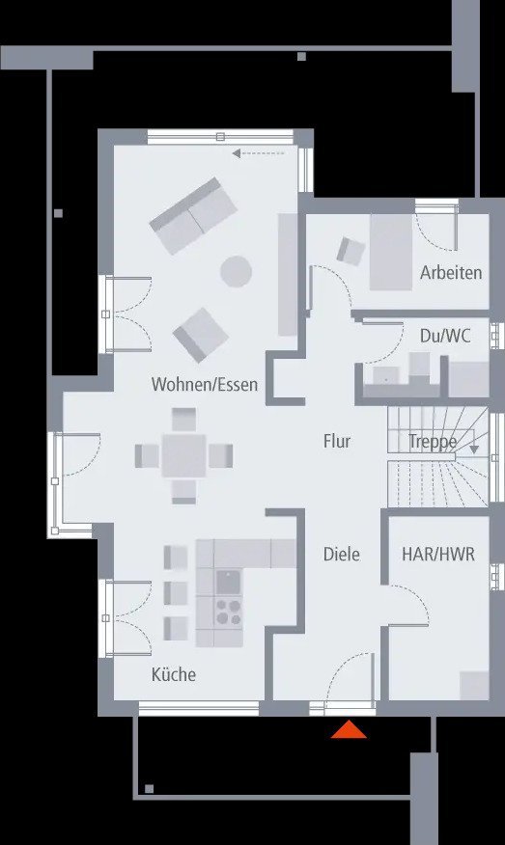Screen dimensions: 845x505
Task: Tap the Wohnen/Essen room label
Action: point(205,385)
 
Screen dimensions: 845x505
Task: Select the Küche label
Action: point(173,674)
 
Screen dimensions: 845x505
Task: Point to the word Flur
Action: point(336,442)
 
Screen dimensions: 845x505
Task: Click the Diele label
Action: point(341,554)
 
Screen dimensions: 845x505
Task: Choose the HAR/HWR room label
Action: point(437,555)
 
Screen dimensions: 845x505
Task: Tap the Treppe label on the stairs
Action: point(433,442)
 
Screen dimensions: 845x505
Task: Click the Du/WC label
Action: point(445,336)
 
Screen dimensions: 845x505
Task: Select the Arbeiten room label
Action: point(450,273)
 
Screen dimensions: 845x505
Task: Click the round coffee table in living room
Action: point(237,272)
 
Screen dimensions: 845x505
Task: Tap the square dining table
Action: point(183,453)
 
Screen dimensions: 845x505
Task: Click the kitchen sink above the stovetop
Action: point(228,582)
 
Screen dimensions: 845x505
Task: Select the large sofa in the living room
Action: point(193,215)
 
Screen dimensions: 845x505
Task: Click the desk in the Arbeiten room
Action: point(391,251)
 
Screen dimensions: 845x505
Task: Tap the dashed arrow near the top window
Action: point(259,152)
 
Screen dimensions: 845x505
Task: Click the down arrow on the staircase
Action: point(474,448)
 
